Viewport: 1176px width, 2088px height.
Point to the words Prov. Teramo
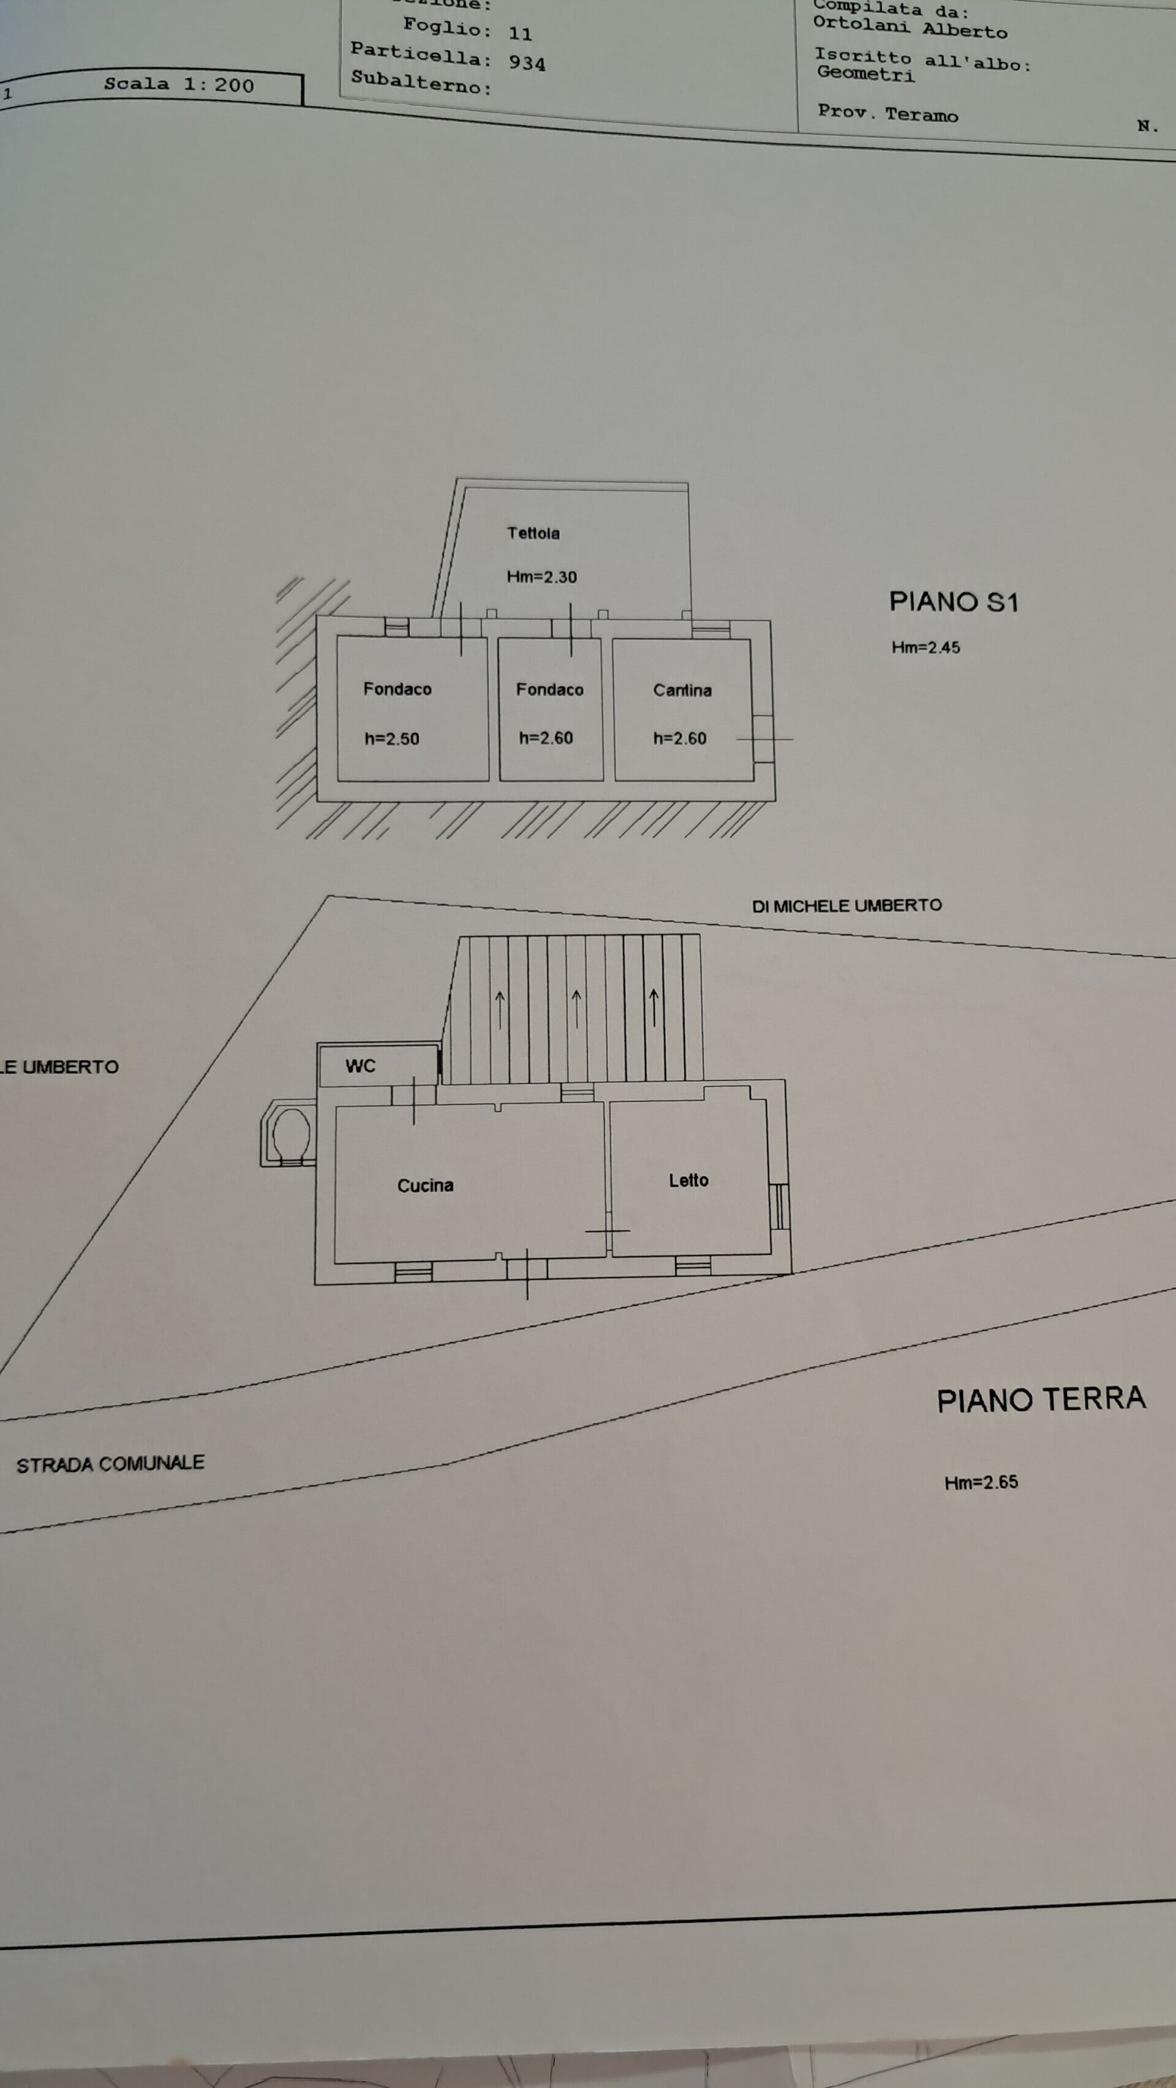coord(888,113)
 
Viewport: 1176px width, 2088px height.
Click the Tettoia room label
coord(533,533)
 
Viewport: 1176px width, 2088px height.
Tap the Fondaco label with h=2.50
coord(398,689)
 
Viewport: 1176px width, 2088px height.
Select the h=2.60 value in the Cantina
coord(680,738)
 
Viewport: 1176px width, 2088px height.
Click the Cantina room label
coord(682,690)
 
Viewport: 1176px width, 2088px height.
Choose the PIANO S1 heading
coord(953,602)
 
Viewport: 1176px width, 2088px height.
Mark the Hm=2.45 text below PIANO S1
coord(925,647)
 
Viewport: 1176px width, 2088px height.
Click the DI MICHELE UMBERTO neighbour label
coord(846,905)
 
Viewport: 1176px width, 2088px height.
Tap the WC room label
coord(360,1066)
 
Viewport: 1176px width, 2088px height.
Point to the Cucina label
coord(425,1185)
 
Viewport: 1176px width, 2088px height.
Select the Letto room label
coord(688,1180)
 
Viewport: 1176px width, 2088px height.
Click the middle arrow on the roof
coord(576,1008)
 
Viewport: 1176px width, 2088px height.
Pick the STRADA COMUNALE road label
coord(110,1464)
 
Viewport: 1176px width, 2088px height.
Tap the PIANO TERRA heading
coord(1041,1400)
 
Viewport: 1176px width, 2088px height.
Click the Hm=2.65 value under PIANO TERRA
coord(981,1482)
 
